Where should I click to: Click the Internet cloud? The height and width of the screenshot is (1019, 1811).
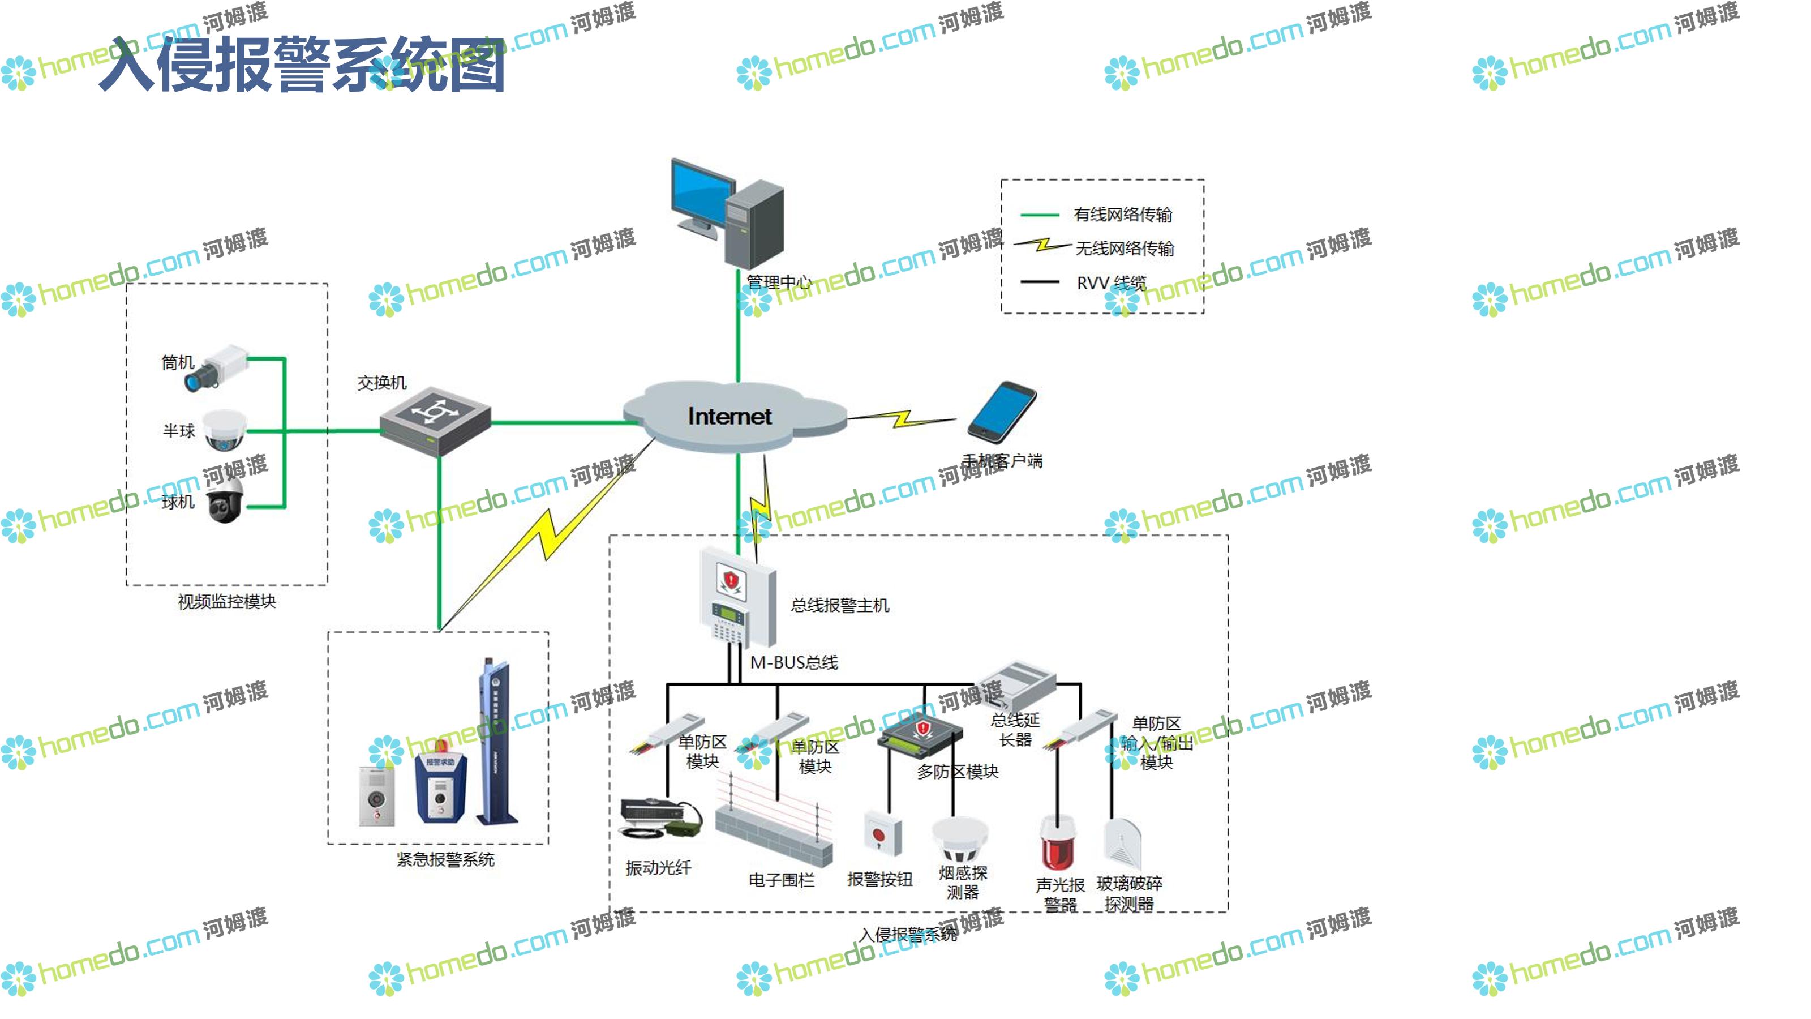731,416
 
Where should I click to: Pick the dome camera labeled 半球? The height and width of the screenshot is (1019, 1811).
225,430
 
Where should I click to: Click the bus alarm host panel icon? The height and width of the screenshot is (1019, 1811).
737,598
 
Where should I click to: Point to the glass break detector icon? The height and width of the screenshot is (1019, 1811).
1123,844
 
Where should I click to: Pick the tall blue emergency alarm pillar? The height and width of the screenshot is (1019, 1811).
496,742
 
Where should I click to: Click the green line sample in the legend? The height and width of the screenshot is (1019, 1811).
1039,215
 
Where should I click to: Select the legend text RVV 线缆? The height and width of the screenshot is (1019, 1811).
1111,282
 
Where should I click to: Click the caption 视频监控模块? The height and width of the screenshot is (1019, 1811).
226,602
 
